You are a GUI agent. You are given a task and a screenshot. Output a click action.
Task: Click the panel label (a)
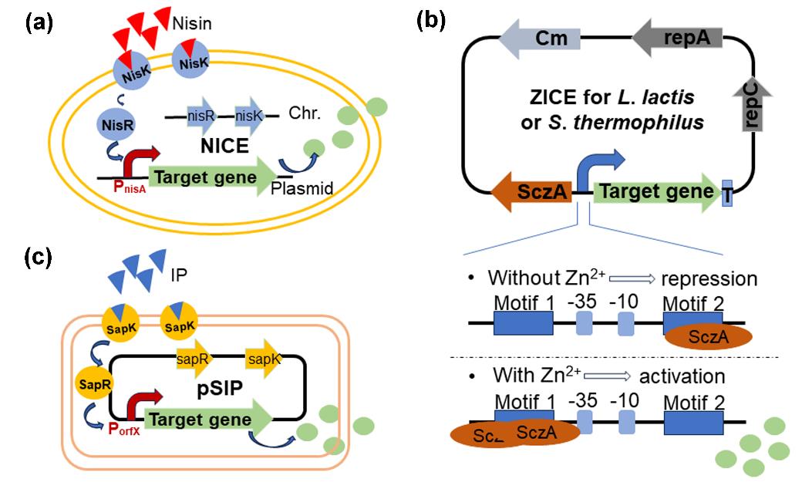coord(39,22)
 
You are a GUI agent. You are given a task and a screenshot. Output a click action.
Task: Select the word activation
coord(686,376)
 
